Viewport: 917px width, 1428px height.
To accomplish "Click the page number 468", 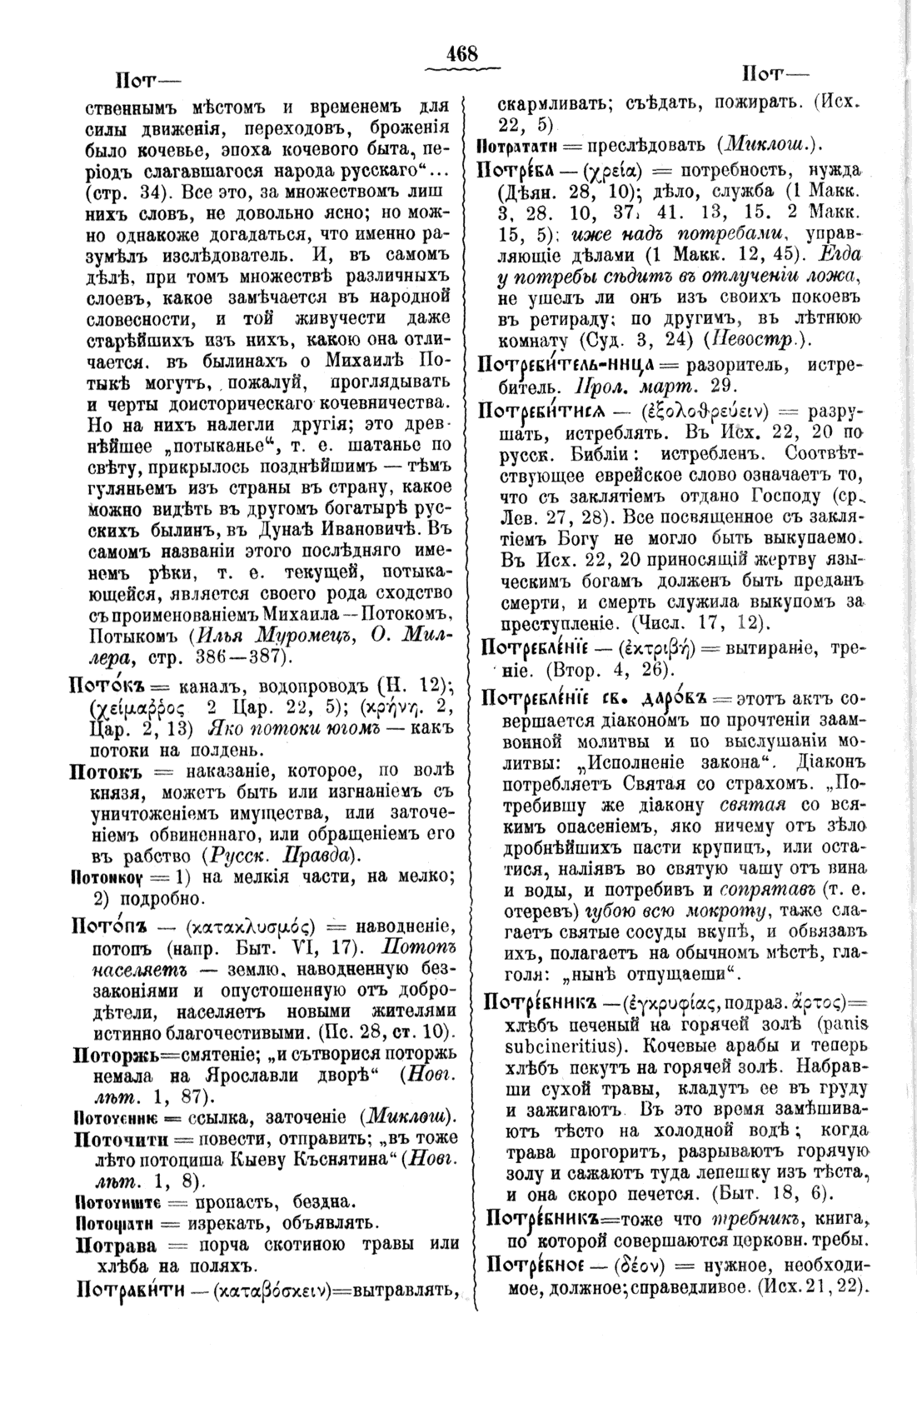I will click(x=461, y=54).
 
